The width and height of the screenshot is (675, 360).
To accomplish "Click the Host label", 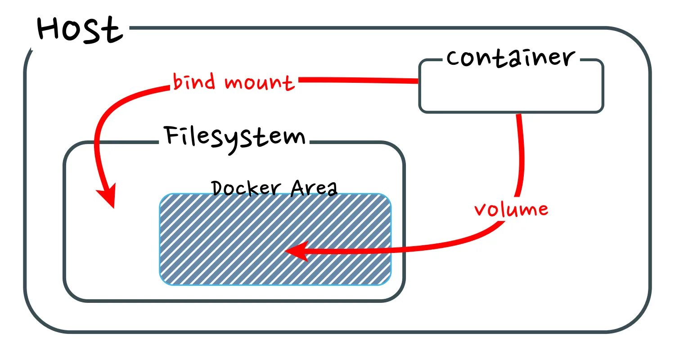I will [x=80, y=31].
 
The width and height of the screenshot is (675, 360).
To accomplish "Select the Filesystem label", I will [x=234, y=136].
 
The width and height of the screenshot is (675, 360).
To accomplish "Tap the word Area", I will [x=314, y=188].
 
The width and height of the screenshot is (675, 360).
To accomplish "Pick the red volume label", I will [x=511, y=209].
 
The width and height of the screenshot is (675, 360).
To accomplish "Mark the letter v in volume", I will [x=481, y=210].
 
